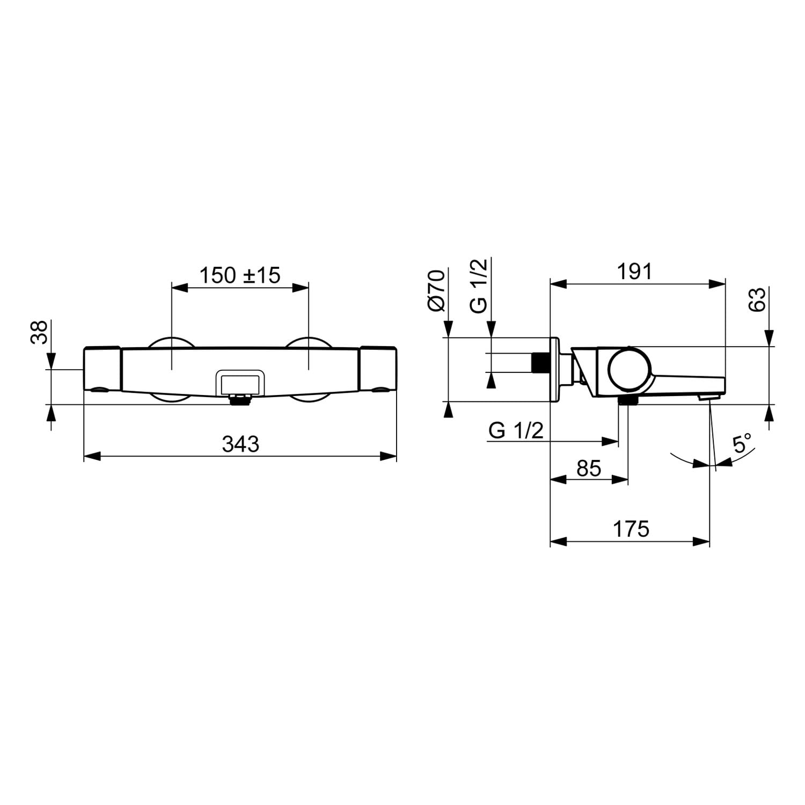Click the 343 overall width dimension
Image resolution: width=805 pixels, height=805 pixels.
pos(240,444)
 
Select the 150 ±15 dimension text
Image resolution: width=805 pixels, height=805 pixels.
pos(240,275)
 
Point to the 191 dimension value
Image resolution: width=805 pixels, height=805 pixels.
pos(634,272)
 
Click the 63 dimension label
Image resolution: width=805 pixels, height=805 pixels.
pos(757,299)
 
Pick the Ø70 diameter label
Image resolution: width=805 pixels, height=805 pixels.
pos(436,290)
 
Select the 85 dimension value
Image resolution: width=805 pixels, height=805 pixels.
pos(589,468)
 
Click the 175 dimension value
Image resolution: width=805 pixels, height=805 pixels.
pos(631,529)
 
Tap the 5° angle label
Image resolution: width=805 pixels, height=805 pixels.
pos(742,444)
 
